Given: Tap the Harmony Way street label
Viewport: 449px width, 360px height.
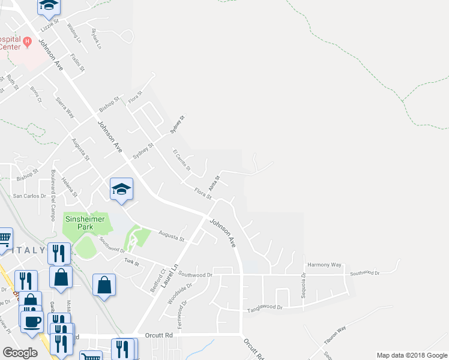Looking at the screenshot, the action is (x=324, y=265).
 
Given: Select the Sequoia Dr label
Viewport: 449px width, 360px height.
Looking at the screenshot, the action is (x=303, y=283).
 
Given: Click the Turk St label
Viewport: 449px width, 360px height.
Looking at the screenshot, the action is (x=131, y=262).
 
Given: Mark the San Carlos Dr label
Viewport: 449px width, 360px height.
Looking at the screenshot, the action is (x=30, y=196).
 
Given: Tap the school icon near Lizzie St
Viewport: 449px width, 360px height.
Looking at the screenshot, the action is (x=49, y=5).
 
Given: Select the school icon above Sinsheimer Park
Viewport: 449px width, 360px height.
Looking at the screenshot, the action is (x=121, y=189).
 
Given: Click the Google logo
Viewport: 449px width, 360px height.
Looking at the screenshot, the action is (x=20, y=353).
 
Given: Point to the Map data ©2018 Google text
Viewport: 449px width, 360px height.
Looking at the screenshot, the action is (x=411, y=355).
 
